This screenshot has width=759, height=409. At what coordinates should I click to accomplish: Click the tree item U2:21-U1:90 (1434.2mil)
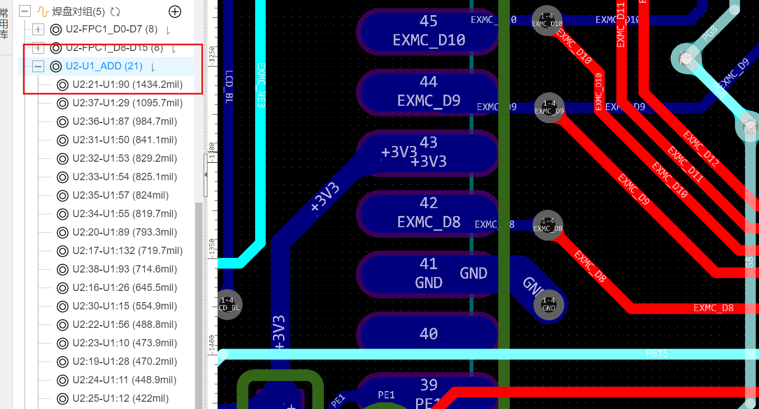click(128, 85)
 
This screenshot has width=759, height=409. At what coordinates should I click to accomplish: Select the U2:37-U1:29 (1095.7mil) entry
click(128, 103)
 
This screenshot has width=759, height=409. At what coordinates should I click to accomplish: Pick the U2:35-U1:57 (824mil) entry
click(120, 195)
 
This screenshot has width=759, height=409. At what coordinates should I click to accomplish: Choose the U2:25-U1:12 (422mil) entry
click(120, 398)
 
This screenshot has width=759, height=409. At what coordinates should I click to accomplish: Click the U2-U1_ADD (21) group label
click(104, 66)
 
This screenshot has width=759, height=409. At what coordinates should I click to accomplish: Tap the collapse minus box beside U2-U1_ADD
click(38, 67)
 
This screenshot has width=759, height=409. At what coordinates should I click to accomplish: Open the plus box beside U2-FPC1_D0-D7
click(38, 29)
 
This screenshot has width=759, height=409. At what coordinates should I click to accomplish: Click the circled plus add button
click(175, 11)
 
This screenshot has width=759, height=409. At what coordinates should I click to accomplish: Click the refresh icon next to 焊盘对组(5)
click(116, 11)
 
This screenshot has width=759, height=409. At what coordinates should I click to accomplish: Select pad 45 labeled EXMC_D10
click(428, 31)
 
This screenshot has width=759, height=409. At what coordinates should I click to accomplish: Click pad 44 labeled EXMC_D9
click(428, 91)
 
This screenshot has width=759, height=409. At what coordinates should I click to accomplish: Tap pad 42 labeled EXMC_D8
click(428, 213)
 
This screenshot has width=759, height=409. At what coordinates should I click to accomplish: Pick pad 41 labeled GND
click(428, 273)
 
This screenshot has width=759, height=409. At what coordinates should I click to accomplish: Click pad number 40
click(428, 333)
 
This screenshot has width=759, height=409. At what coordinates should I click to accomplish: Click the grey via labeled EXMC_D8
click(548, 225)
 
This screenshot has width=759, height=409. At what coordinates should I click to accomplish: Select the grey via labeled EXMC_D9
click(549, 107)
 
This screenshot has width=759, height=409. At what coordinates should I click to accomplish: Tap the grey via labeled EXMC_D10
click(546, 20)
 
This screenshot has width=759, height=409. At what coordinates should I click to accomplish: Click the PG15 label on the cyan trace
click(657, 354)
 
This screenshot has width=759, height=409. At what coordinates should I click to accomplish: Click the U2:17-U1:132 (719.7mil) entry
click(128, 251)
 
